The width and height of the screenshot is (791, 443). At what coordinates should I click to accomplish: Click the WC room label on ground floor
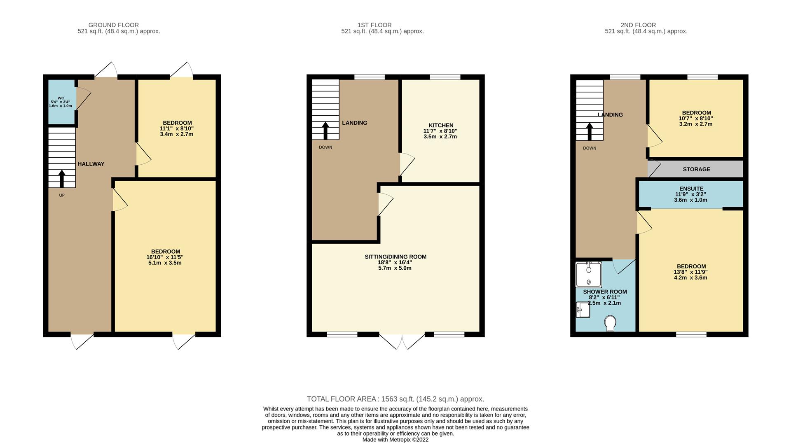[x=61, y=98]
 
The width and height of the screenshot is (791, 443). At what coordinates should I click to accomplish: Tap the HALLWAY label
[x=91, y=164]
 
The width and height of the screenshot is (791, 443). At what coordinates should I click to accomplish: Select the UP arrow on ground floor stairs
[x=62, y=179]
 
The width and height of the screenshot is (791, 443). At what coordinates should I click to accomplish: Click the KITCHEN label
[x=441, y=125]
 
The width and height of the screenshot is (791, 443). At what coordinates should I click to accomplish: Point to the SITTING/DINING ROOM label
[x=395, y=256]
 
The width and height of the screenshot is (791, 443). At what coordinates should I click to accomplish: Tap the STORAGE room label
[x=697, y=169]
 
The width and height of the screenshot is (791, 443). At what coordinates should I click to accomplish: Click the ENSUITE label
[x=691, y=189]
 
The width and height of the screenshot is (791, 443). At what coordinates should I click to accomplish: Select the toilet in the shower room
[x=610, y=323]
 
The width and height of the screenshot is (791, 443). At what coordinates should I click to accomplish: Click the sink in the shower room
[x=583, y=310]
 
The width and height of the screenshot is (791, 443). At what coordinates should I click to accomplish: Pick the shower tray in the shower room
[x=588, y=275]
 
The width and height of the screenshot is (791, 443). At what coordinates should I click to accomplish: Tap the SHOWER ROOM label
[x=605, y=291]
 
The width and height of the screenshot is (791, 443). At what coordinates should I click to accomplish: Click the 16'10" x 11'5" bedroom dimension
[x=165, y=257]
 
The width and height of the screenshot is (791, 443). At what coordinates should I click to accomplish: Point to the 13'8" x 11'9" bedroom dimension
[x=691, y=272]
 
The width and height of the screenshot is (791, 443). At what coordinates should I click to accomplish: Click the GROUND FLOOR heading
[x=114, y=25]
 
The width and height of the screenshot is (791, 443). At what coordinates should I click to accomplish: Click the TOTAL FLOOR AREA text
[x=395, y=399]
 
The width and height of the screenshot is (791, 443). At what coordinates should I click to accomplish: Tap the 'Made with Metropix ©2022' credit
[x=395, y=440]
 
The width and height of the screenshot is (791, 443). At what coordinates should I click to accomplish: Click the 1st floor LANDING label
[x=355, y=123]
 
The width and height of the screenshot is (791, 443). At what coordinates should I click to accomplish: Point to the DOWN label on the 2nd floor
[x=590, y=148]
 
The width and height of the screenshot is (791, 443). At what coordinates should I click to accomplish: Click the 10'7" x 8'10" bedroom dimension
[x=696, y=118]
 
